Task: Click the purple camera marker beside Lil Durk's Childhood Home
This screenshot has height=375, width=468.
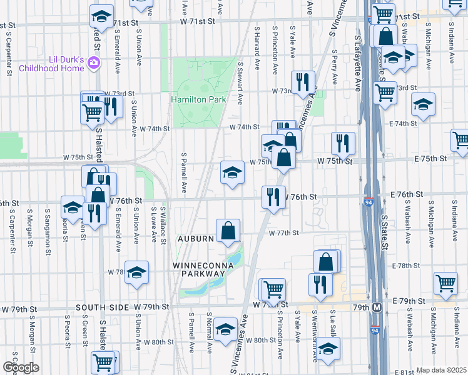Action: coord(94,62)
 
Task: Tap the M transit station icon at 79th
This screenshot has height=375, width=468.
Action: coord(377,307)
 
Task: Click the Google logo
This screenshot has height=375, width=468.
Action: coord(21,367)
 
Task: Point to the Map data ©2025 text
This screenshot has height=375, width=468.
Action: coord(441,370)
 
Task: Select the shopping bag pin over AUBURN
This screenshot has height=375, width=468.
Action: coord(229,231)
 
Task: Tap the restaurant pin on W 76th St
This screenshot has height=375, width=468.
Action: coord(273,197)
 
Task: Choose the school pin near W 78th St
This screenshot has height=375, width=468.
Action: coord(136,272)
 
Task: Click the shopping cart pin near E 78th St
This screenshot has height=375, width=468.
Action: coord(445,283)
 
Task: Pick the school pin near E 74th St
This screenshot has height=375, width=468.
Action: coord(424,105)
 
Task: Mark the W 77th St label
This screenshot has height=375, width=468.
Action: coord(285,232)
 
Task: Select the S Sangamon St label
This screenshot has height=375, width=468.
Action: coord(48,227)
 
